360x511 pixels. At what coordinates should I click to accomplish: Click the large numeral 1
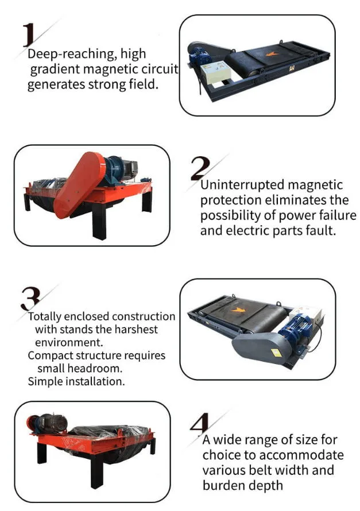pos(29,34)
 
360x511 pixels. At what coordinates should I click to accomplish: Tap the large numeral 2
pos(200,168)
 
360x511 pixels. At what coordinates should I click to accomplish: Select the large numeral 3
pos(30,299)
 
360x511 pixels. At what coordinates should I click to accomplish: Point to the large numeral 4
pos(199,423)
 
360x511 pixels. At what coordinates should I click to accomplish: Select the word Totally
pos(45,316)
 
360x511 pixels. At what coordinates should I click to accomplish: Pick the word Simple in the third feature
pos(45,381)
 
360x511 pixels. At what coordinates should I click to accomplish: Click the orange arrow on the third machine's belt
pos(238,310)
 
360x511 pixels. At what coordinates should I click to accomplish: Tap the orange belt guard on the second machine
pos(79,184)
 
